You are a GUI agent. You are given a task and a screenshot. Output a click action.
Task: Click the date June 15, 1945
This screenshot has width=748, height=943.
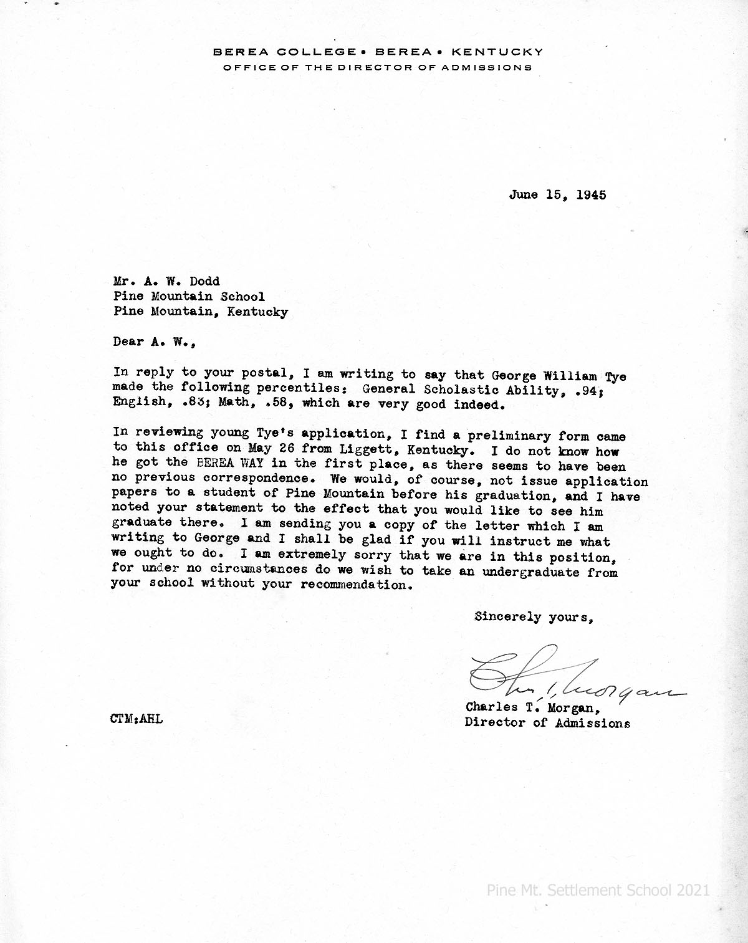pos(557,194)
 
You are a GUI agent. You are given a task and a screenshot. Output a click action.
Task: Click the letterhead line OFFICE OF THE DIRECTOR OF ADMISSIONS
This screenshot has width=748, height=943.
pos(378,67)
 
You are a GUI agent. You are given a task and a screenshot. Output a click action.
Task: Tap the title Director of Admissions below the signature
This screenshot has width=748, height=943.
pos(547,723)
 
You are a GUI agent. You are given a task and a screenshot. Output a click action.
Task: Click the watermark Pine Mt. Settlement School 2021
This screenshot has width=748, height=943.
pos(598,890)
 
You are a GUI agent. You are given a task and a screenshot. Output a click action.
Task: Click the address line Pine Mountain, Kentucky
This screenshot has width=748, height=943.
pos(200,312)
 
